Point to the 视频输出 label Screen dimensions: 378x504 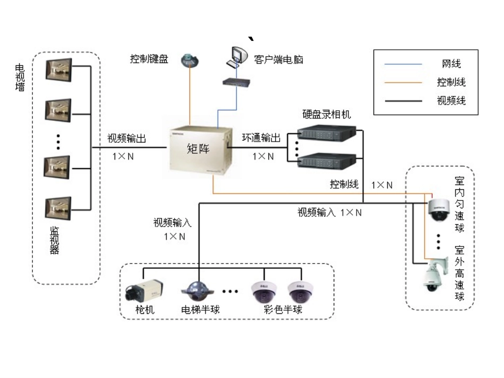pyautogui.click(x=127, y=138)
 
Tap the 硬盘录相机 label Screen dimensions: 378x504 pyautogui.click(x=327, y=114)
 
